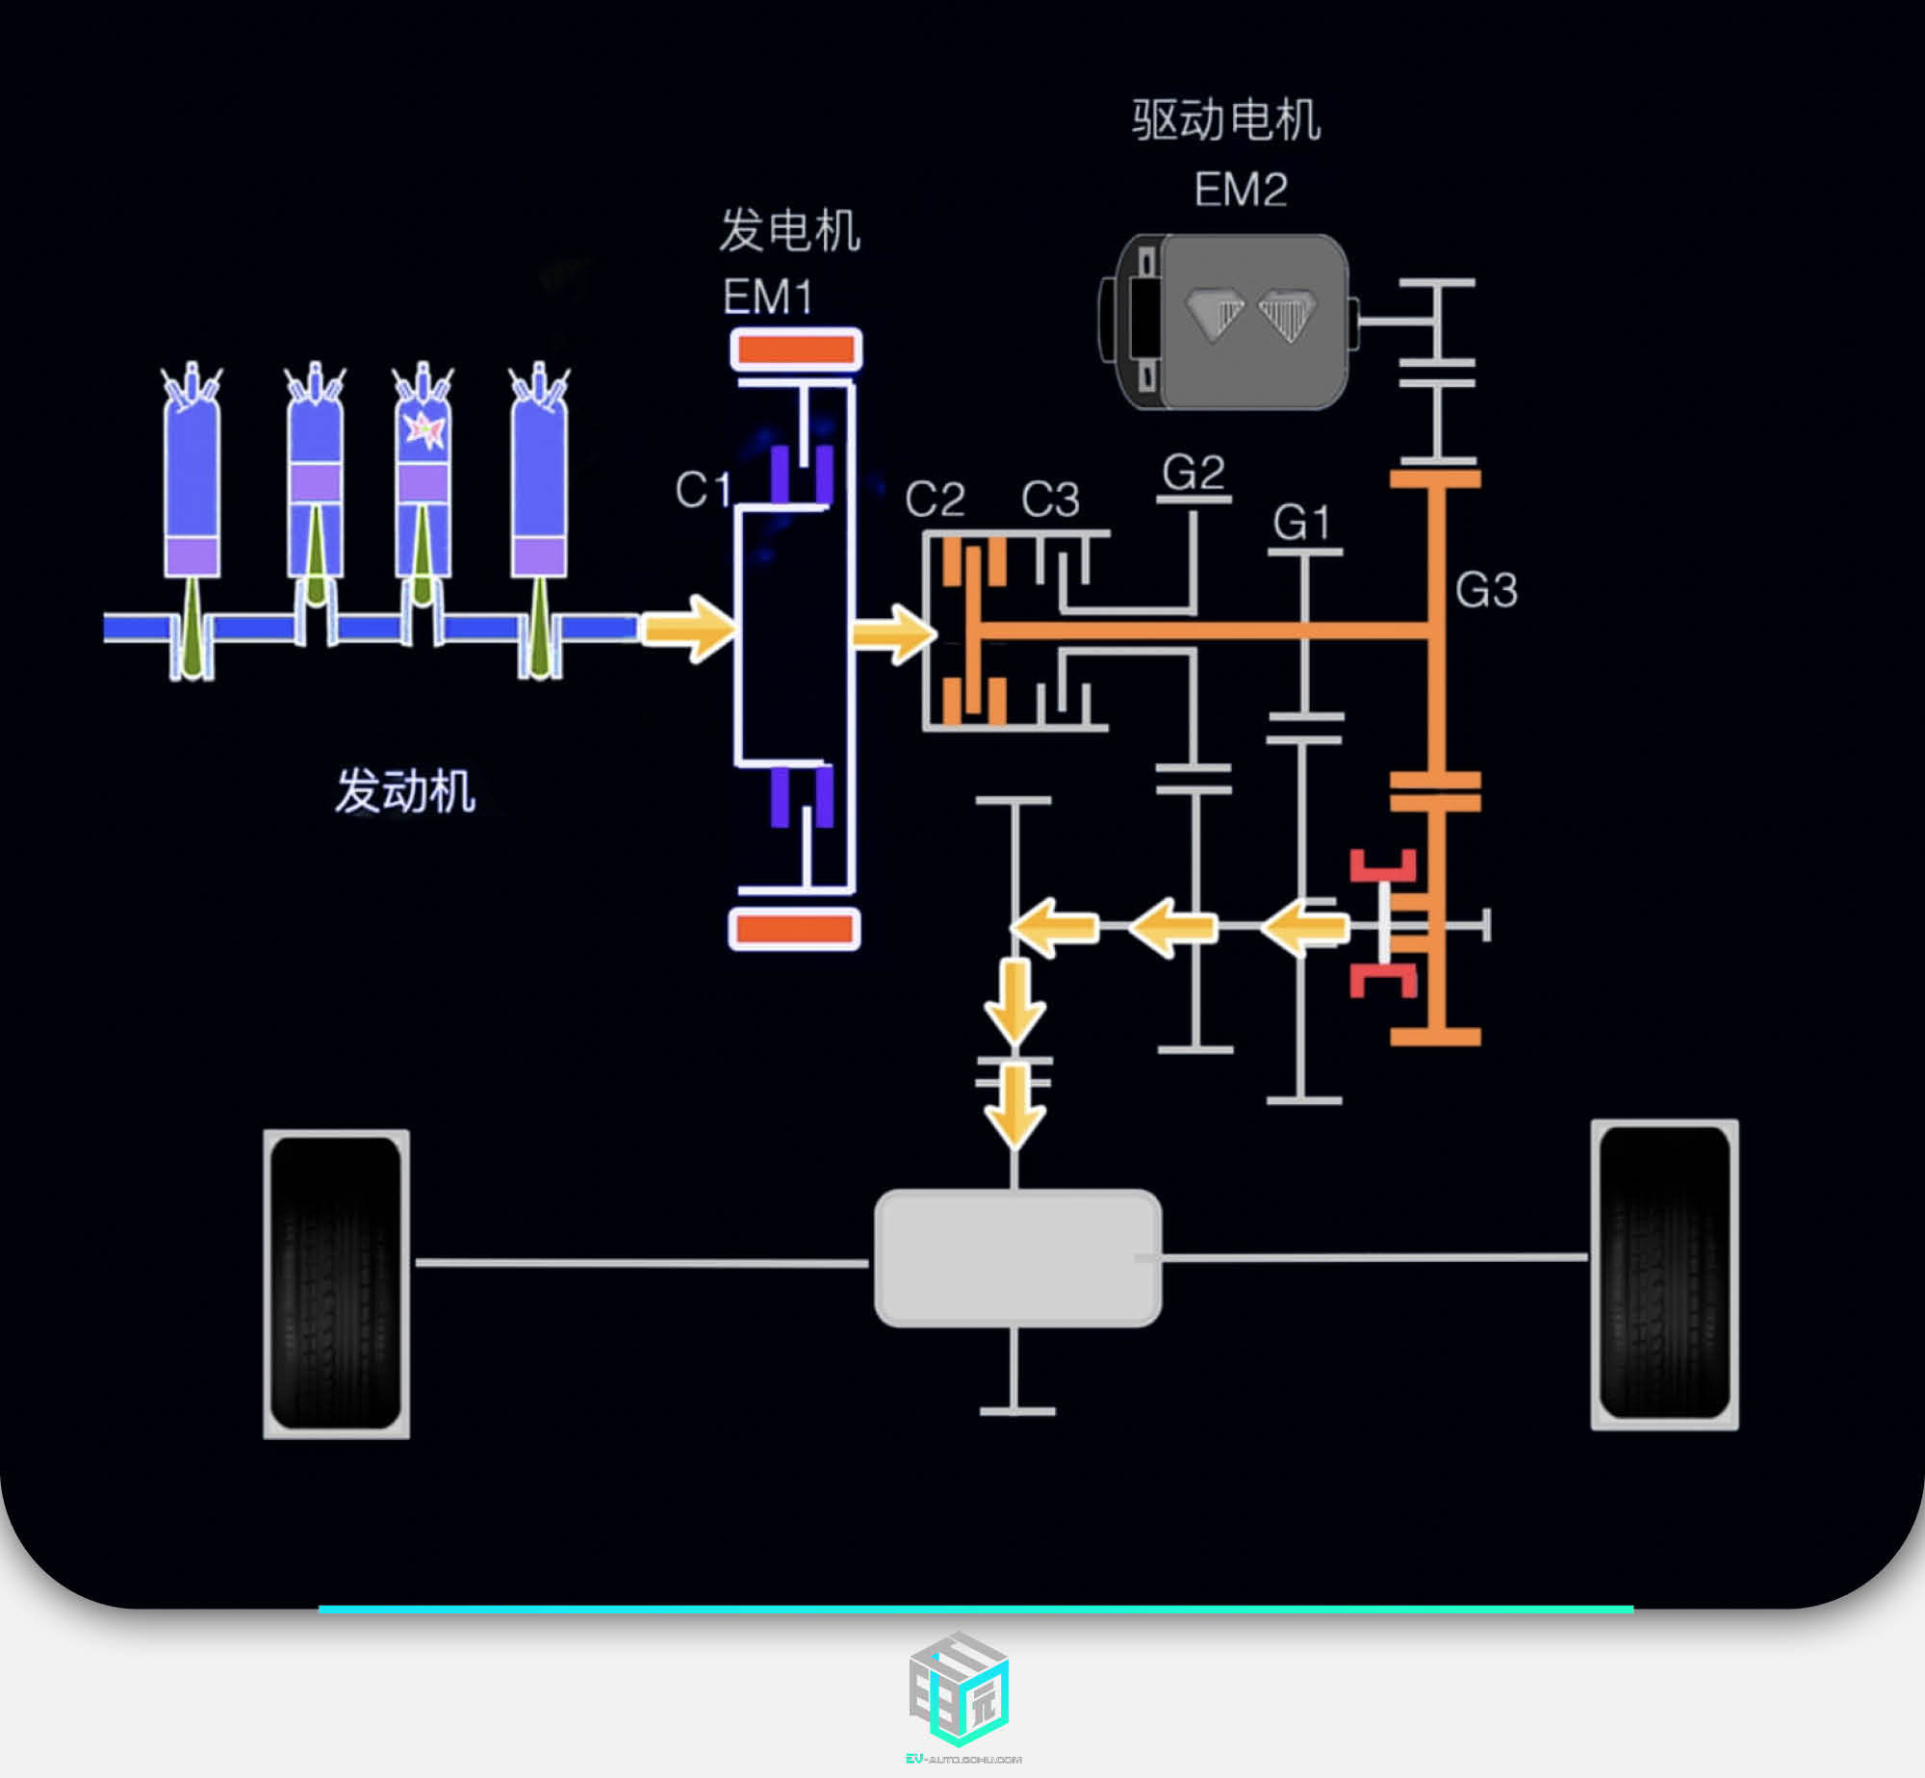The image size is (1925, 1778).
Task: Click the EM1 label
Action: tap(767, 296)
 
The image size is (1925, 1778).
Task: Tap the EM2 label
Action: tap(1240, 190)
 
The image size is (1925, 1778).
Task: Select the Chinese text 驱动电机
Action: tap(1225, 121)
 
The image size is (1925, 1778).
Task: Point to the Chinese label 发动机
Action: tap(405, 791)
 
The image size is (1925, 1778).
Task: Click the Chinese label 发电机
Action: tap(789, 231)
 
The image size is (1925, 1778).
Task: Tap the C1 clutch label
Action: tap(702, 490)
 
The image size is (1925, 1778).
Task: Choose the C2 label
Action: tap(934, 500)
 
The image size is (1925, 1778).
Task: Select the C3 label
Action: tap(1050, 500)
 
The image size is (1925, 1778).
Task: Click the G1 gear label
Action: tap(1301, 523)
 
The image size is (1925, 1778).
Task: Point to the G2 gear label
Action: tap(1193, 473)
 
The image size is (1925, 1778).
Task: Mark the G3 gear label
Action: tap(1486, 590)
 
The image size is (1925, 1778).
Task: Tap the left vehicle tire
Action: tap(336, 1283)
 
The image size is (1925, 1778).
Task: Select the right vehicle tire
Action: tap(1664, 1274)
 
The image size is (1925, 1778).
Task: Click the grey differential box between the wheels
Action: tap(1017, 1257)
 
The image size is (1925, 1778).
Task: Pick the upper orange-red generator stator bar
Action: tap(796, 349)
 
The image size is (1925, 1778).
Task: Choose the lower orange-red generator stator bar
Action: tap(795, 929)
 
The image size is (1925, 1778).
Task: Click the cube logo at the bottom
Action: tap(959, 1689)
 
